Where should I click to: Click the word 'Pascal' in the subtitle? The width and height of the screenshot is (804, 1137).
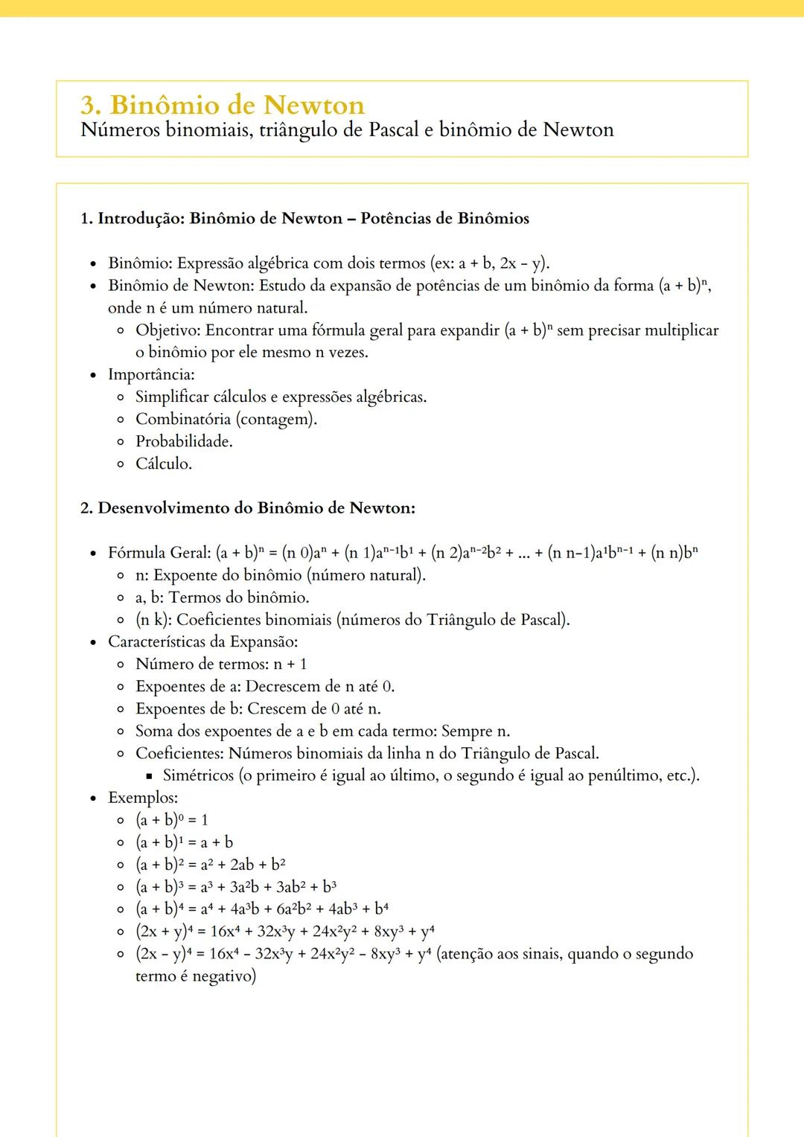[394, 130]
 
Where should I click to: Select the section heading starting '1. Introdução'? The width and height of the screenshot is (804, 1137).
[304, 219]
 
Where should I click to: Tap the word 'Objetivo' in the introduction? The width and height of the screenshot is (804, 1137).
[167, 330]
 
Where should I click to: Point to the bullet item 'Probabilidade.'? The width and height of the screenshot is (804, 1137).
[184, 442]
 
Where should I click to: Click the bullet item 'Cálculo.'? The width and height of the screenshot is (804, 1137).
[164, 464]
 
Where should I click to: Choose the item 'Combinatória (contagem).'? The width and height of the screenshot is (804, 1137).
[226, 420]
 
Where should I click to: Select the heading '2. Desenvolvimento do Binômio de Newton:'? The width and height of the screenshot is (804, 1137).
[247, 508]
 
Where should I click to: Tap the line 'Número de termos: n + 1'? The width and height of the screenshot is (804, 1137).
[221, 664]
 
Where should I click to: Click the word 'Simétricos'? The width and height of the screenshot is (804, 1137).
[198, 776]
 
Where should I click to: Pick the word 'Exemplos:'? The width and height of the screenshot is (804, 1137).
[143, 798]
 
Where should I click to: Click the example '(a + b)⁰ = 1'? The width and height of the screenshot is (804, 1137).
[172, 820]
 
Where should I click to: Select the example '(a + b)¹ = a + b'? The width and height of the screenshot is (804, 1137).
[184, 842]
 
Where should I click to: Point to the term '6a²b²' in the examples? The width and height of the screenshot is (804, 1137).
[295, 909]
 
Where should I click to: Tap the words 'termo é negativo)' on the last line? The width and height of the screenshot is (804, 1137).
[196, 976]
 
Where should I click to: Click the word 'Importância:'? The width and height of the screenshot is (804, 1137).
[151, 375]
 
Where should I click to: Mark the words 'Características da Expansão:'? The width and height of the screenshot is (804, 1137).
[202, 642]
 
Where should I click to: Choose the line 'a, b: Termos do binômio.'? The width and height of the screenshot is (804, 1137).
[222, 598]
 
